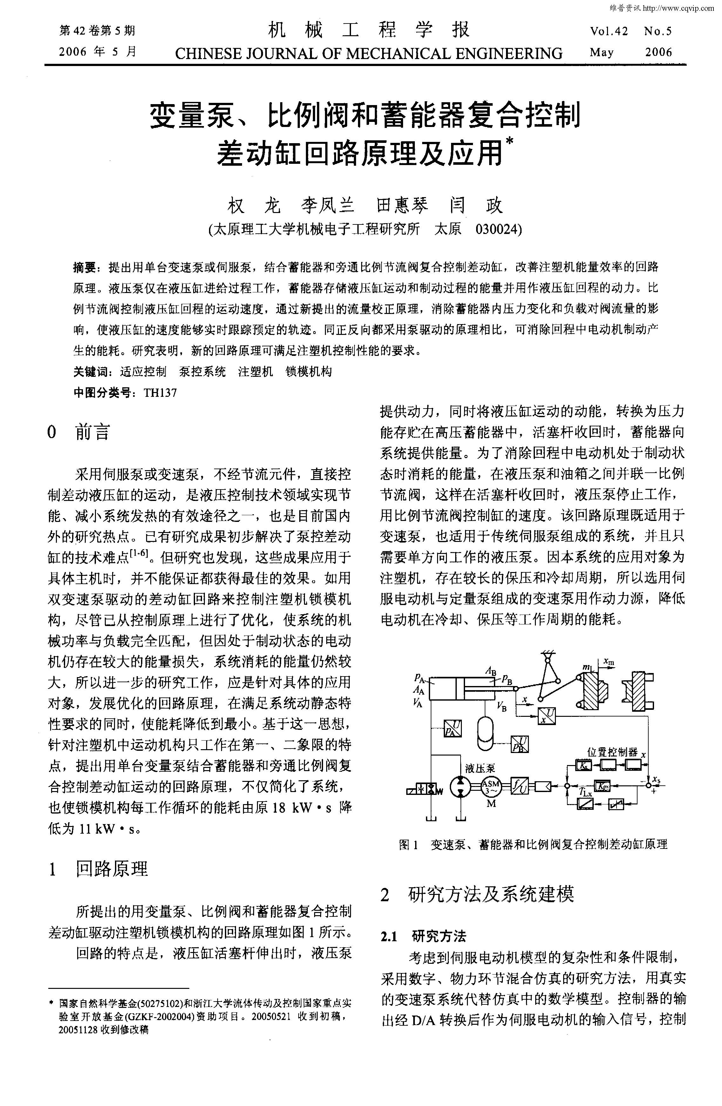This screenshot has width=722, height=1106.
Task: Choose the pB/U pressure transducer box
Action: (519, 744)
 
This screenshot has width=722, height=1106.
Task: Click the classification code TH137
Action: (160, 393)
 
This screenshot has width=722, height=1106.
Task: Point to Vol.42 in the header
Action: (609, 32)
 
